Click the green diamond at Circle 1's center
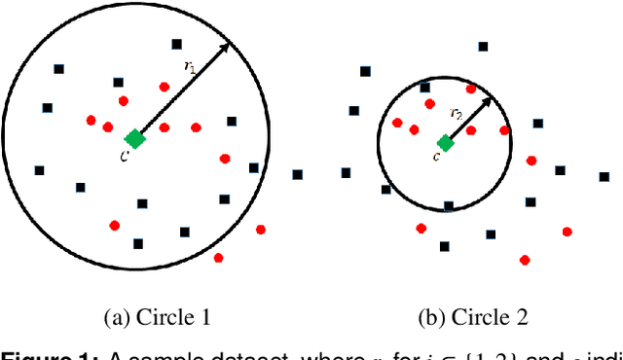135,139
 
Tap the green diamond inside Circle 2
445,143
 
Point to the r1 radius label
190,66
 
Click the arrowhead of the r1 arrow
227,47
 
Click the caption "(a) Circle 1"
158,316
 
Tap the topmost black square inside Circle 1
176,44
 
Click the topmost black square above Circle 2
483,45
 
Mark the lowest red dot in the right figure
525,260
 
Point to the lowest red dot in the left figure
218,258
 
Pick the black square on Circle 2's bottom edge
448,206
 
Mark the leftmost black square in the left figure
40,170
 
